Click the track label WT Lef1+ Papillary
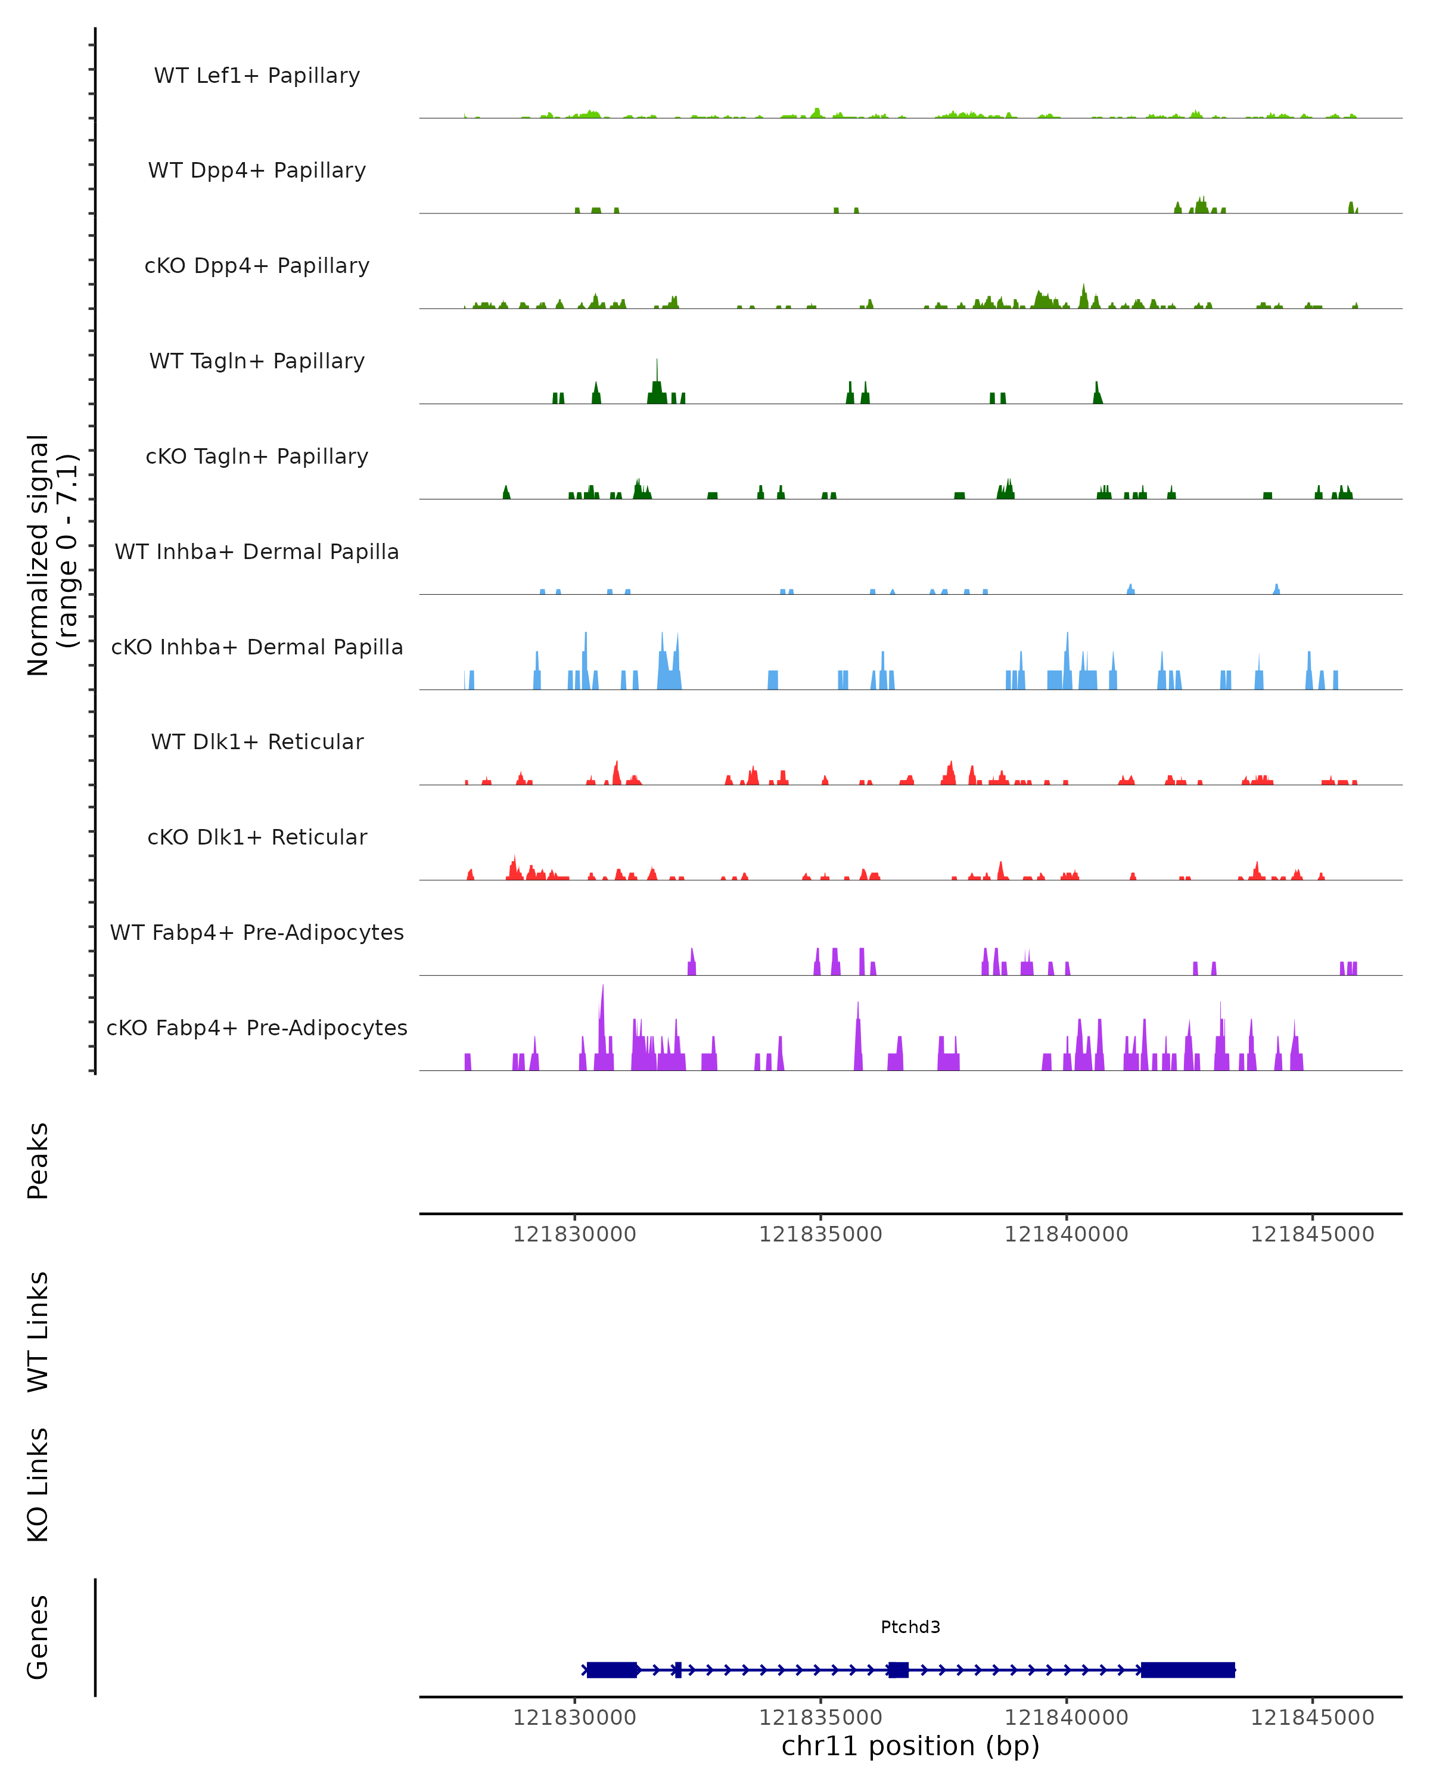click(x=257, y=76)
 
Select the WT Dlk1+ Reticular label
click(x=257, y=741)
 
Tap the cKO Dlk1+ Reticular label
click(x=257, y=837)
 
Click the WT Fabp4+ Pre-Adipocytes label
click(x=257, y=932)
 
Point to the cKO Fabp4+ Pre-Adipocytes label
click(x=257, y=1028)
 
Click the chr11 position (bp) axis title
click(x=910, y=1746)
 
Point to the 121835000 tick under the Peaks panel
click(x=820, y=1234)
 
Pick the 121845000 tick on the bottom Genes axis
click(x=1312, y=1718)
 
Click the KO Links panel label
click(x=38, y=1485)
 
